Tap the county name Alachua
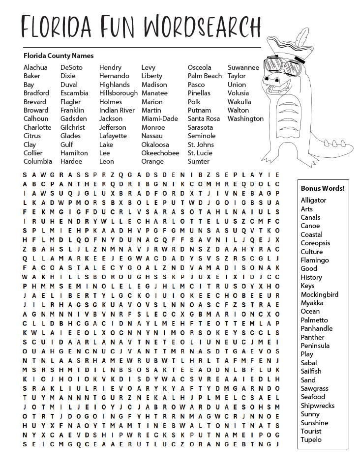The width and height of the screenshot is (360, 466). coord(35,67)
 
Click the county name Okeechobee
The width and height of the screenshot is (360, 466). coord(160,153)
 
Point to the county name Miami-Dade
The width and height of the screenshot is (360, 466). coord(159,118)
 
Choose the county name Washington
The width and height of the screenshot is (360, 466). coord(245,118)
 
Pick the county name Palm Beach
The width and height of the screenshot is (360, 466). coord(205,76)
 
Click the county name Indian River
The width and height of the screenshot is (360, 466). coord(117,110)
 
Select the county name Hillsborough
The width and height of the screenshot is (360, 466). coord(119,93)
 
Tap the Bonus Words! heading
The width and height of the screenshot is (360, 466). coord(323,188)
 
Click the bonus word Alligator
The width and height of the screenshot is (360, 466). coord(313,200)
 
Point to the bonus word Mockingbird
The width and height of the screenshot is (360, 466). coord(320,294)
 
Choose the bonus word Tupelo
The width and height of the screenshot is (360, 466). coord(311,439)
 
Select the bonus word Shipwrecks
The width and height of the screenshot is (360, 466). coord(317,406)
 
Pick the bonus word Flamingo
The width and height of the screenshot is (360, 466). coord(315,260)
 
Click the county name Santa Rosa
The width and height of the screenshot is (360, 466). coord(204,118)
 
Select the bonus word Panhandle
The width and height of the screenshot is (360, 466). coord(316,328)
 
